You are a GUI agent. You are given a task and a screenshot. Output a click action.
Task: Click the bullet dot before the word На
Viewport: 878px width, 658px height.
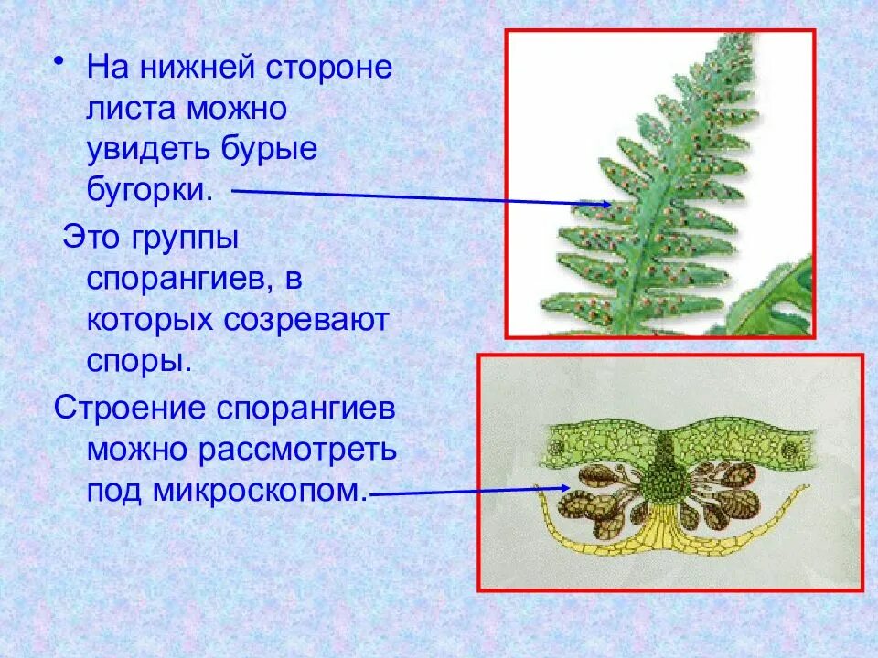click(59, 59)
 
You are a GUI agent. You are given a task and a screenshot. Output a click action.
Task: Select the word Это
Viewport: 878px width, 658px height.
click(91, 239)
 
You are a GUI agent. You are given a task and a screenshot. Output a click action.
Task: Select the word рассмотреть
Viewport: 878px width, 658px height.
click(305, 450)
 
